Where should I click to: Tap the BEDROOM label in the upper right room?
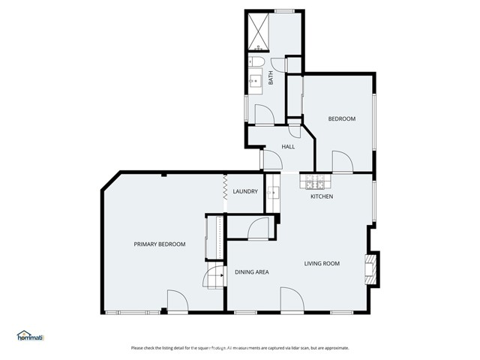[341, 119]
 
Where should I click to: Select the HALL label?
[288, 146]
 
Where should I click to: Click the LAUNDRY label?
[245, 192]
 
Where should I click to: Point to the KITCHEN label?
[322, 196]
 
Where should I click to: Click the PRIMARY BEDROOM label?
[159, 244]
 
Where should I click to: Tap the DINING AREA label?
[252, 272]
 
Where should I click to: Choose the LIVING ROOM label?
[322, 263]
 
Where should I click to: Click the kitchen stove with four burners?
[313, 183]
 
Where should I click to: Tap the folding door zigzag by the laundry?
[224, 187]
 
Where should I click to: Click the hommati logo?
[31, 336]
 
